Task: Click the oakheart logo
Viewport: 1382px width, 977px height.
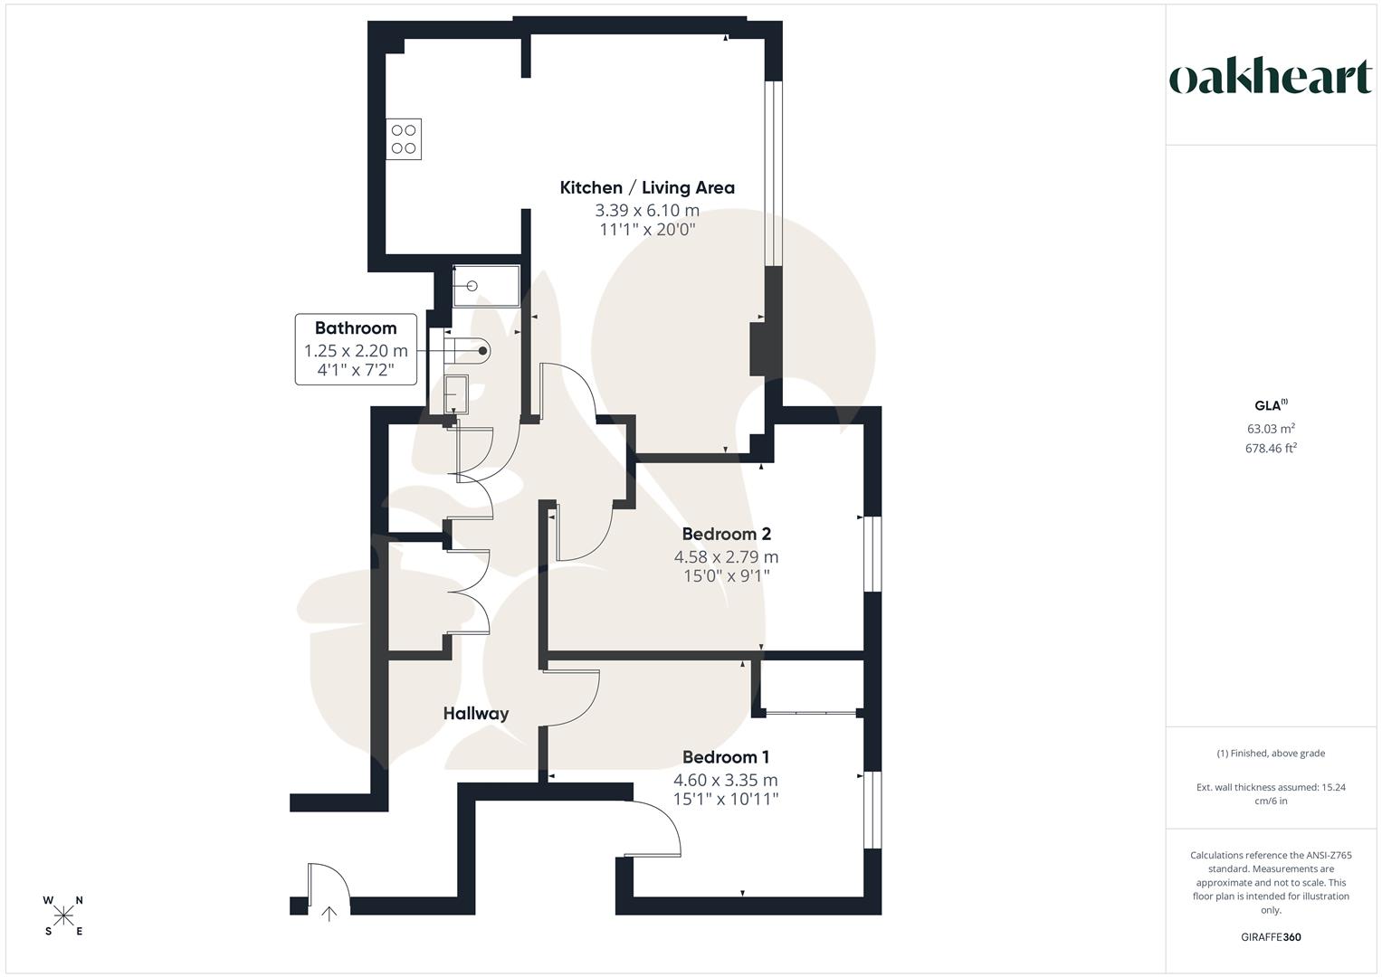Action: pos(1271,78)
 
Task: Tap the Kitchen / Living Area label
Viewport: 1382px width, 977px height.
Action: pos(647,188)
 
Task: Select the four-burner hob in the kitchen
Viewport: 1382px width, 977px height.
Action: pos(404,139)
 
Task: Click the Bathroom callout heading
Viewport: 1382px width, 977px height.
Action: pos(356,328)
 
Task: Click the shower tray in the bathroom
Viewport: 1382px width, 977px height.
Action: pos(486,286)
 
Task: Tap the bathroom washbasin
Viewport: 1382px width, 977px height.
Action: pos(455,394)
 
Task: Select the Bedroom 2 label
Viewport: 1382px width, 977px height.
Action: pos(726,534)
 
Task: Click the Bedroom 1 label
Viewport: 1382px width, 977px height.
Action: pos(726,757)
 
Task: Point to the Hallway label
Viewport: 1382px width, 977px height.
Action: pos(475,714)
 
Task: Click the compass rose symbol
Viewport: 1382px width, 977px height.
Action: pos(63,915)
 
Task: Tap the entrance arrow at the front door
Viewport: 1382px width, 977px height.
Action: pos(329,913)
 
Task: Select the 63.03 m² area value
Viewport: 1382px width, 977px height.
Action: pos(1271,429)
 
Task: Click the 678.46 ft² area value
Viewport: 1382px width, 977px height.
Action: pos(1271,448)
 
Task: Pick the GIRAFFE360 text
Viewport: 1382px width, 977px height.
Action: pos(1271,937)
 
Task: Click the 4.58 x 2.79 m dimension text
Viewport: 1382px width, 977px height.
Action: pos(726,557)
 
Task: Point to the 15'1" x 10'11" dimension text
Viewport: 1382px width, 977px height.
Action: pos(726,799)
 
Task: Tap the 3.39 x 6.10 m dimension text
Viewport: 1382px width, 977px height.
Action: pos(647,211)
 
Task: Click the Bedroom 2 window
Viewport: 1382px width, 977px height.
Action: pos(872,554)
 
